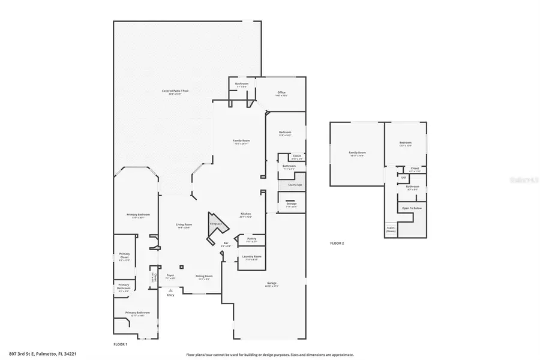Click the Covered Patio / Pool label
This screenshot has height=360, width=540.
[x=175, y=91]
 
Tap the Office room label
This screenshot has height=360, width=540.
[x=281, y=92]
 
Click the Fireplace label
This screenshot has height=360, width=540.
[x=215, y=224]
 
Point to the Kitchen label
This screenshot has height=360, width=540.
[x=245, y=214]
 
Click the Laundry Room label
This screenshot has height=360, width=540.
[x=251, y=257]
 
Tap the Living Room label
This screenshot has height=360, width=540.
[x=184, y=224]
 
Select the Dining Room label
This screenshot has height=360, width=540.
[x=204, y=276]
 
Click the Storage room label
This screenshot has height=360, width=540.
[x=292, y=204]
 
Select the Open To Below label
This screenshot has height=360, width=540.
[x=412, y=208]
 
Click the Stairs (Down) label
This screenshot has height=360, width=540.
[x=391, y=229]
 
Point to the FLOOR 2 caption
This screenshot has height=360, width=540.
[x=337, y=243]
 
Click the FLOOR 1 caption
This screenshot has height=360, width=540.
[x=121, y=344]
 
